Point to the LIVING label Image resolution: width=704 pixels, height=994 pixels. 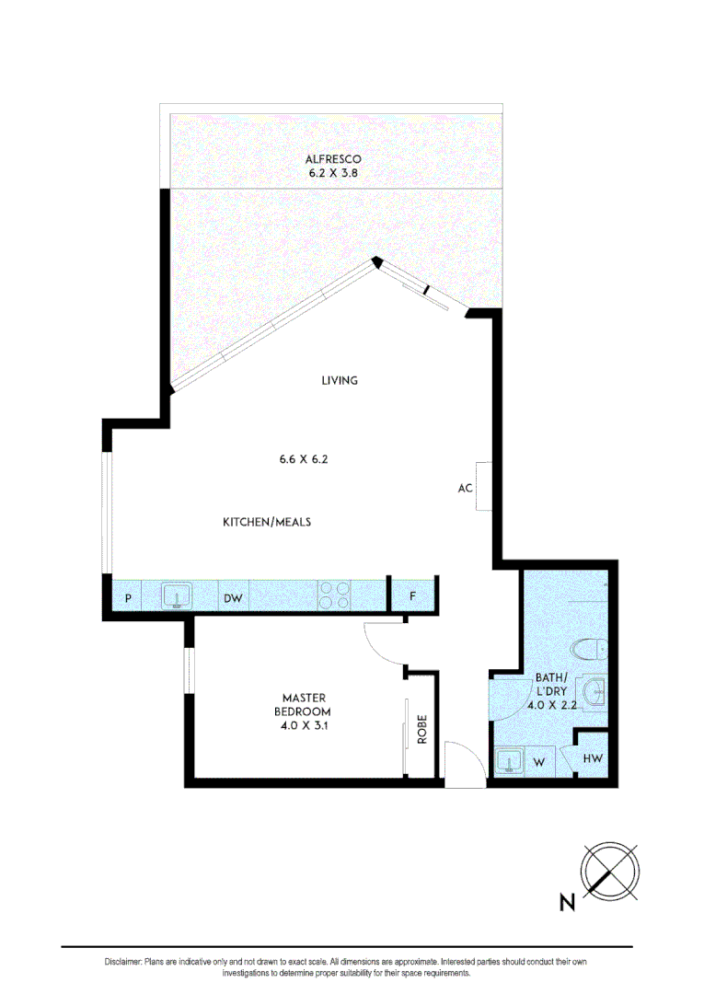(x=339, y=380)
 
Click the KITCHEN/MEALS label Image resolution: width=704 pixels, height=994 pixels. (x=267, y=522)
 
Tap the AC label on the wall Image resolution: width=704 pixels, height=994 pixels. (x=465, y=488)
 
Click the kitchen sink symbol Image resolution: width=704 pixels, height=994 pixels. (x=175, y=596)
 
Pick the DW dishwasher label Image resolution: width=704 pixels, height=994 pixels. (x=233, y=598)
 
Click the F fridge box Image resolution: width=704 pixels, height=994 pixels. (x=413, y=597)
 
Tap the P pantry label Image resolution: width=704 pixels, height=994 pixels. (x=128, y=598)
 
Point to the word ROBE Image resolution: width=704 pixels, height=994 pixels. (x=422, y=729)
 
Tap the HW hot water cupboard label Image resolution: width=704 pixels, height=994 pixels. (x=592, y=759)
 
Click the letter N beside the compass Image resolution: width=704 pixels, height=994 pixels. (x=568, y=903)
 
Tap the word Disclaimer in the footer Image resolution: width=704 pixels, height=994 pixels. (x=122, y=962)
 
